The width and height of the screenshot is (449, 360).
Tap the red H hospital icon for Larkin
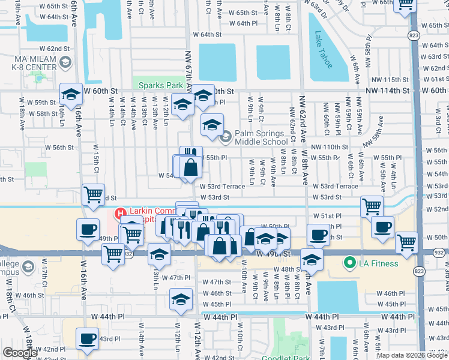[119, 213]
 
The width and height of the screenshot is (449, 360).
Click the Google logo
[20, 353]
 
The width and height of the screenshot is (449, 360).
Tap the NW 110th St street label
[330, 147]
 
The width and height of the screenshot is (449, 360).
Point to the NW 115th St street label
[390, 80]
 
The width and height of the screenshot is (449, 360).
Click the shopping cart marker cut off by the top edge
[406, 4]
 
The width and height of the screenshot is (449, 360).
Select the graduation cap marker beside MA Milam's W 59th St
[71, 94]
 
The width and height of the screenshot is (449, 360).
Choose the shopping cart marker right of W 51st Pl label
[372, 206]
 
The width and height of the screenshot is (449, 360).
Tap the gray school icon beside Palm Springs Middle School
[225, 137]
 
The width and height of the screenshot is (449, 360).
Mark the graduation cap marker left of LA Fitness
[312, 259]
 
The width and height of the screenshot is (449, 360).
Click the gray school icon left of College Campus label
[27, 266]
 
